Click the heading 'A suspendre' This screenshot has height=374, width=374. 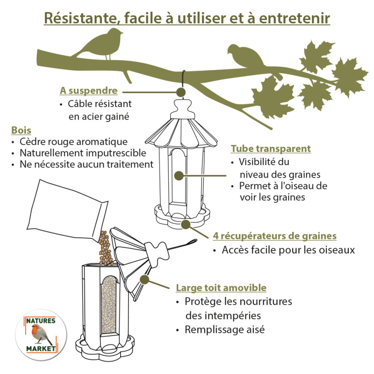(88, 90)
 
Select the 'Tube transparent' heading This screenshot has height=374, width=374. (271, 149)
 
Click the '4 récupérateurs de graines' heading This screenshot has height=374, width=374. (274, 236)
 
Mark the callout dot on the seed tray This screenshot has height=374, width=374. (186, 224)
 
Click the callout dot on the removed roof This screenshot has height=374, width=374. (144, 280)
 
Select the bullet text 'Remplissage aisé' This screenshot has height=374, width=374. (224, 329)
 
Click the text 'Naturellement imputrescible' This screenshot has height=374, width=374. (83, 153)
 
